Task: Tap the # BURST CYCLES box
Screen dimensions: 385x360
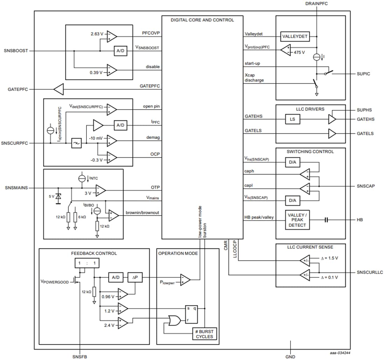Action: [204, 334]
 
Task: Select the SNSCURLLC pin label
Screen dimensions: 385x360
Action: [370, 273]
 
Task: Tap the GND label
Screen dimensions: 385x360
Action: [290, 357]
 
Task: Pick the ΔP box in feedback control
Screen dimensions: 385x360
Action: [134, 277]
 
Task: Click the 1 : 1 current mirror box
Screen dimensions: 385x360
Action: [85, 263]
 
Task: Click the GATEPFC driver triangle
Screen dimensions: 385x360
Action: [59, 90]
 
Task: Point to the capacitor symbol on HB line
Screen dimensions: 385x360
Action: [326, 220]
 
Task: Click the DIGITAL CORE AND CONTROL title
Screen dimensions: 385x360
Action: [202, 20]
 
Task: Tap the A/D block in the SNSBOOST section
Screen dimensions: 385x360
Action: [120, 51]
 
